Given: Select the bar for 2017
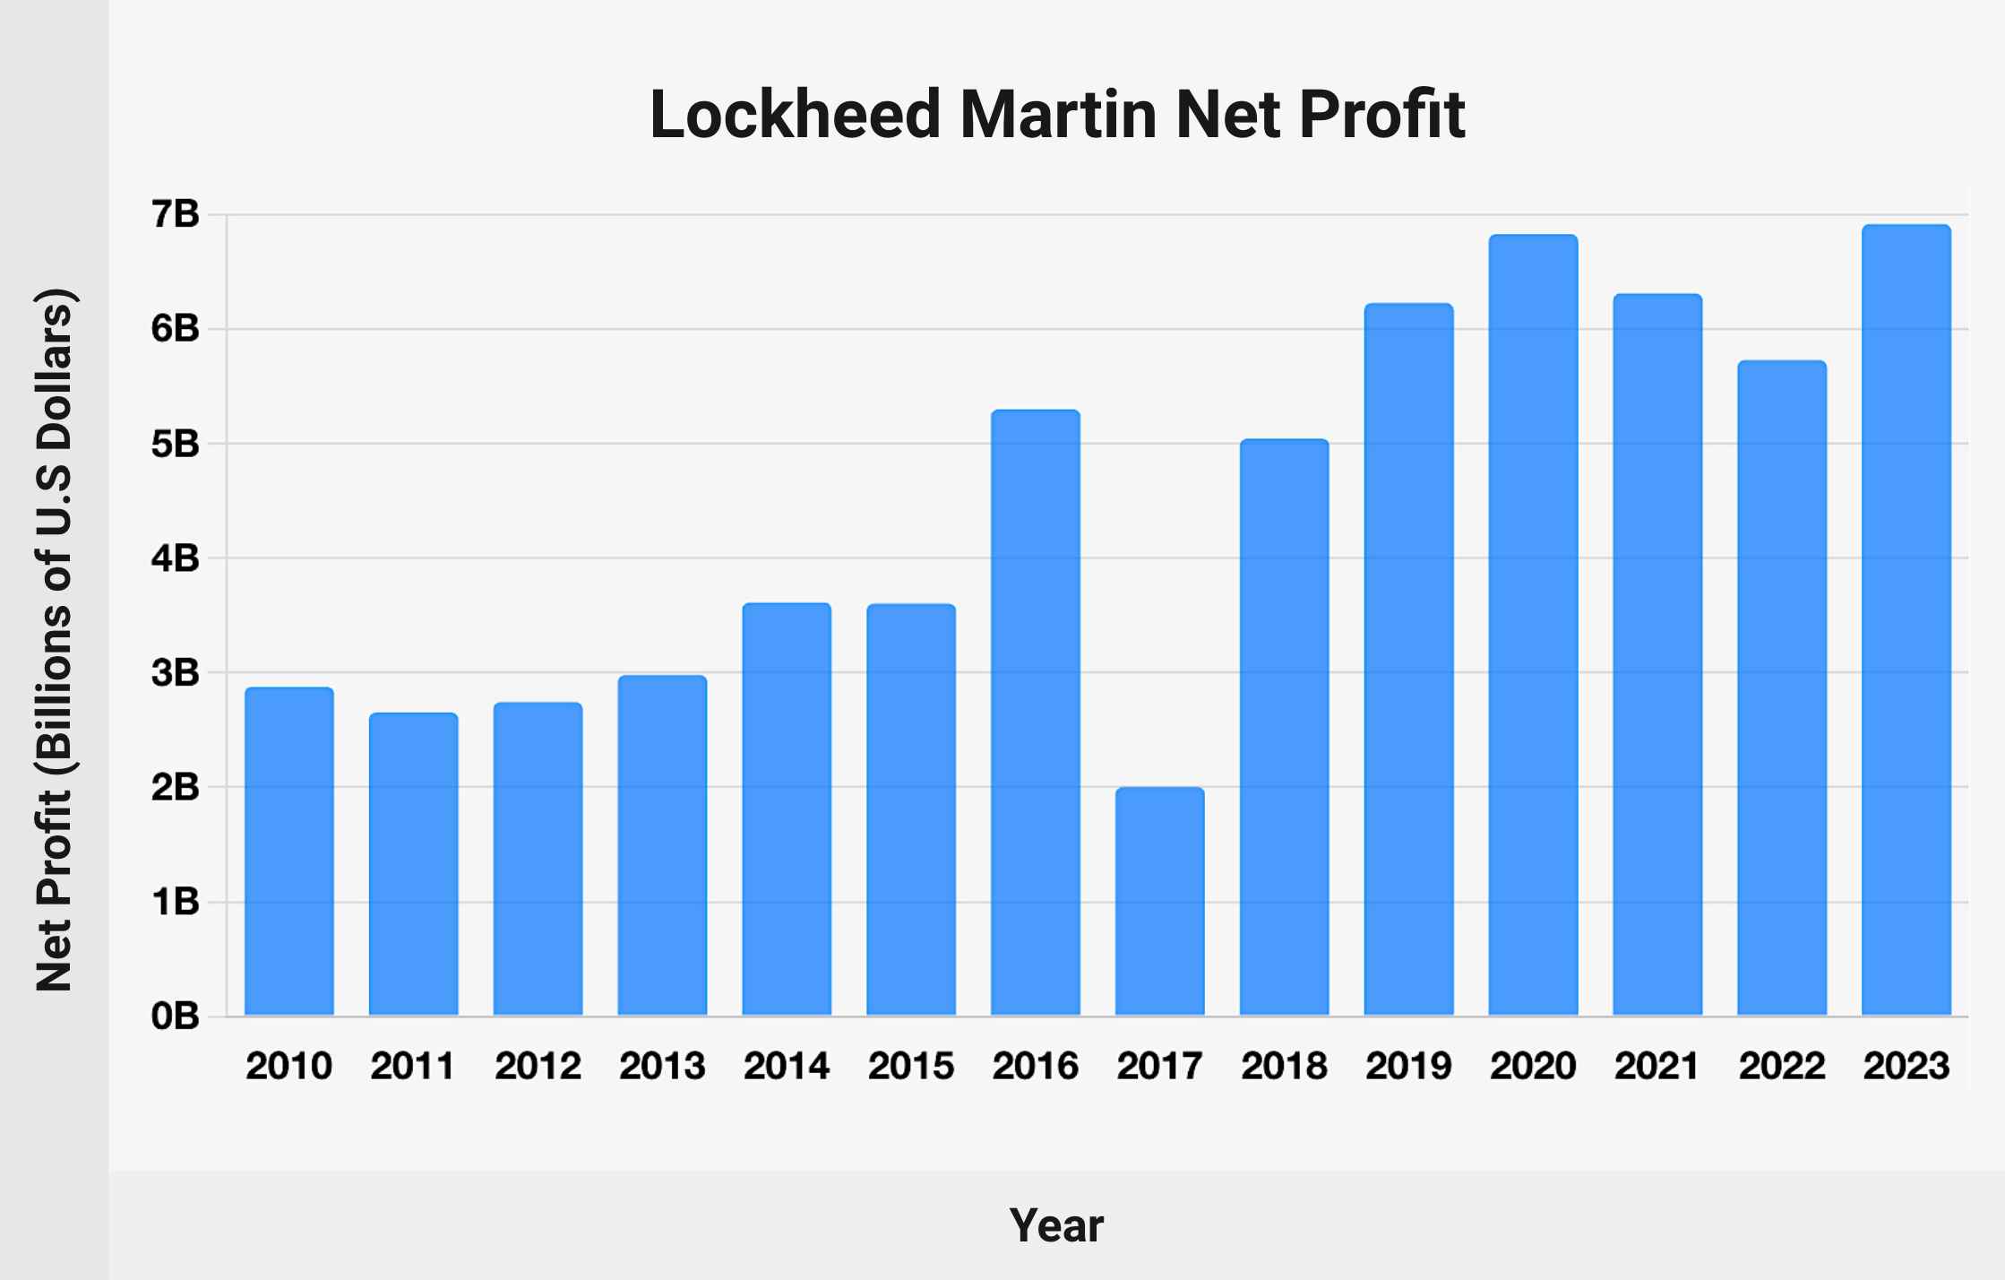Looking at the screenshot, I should point(1159,901).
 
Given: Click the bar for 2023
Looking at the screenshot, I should point(1906,620).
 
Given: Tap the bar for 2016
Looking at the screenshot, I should point(1035,713).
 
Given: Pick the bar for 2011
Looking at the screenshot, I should point(413,864).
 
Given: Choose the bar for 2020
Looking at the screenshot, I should point(1533,625).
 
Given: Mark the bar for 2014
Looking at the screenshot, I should point(787,809).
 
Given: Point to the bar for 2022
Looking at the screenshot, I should point(1781,688).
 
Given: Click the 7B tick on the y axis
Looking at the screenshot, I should point(176,214).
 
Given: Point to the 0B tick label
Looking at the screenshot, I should point(176,1016).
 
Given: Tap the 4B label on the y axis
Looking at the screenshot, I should point(176,558).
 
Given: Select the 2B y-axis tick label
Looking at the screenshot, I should point(176,787).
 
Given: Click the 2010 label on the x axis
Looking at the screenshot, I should point(288,1067).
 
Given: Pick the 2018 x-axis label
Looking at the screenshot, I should point(1284,1067).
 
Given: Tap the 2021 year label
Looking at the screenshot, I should point(1656,1067).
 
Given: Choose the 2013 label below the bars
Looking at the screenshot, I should point(662,1067).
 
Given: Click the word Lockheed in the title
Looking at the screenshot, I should point(795,115).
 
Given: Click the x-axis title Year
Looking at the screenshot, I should point(1056,1225).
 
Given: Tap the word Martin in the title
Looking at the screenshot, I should point(1058,115).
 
